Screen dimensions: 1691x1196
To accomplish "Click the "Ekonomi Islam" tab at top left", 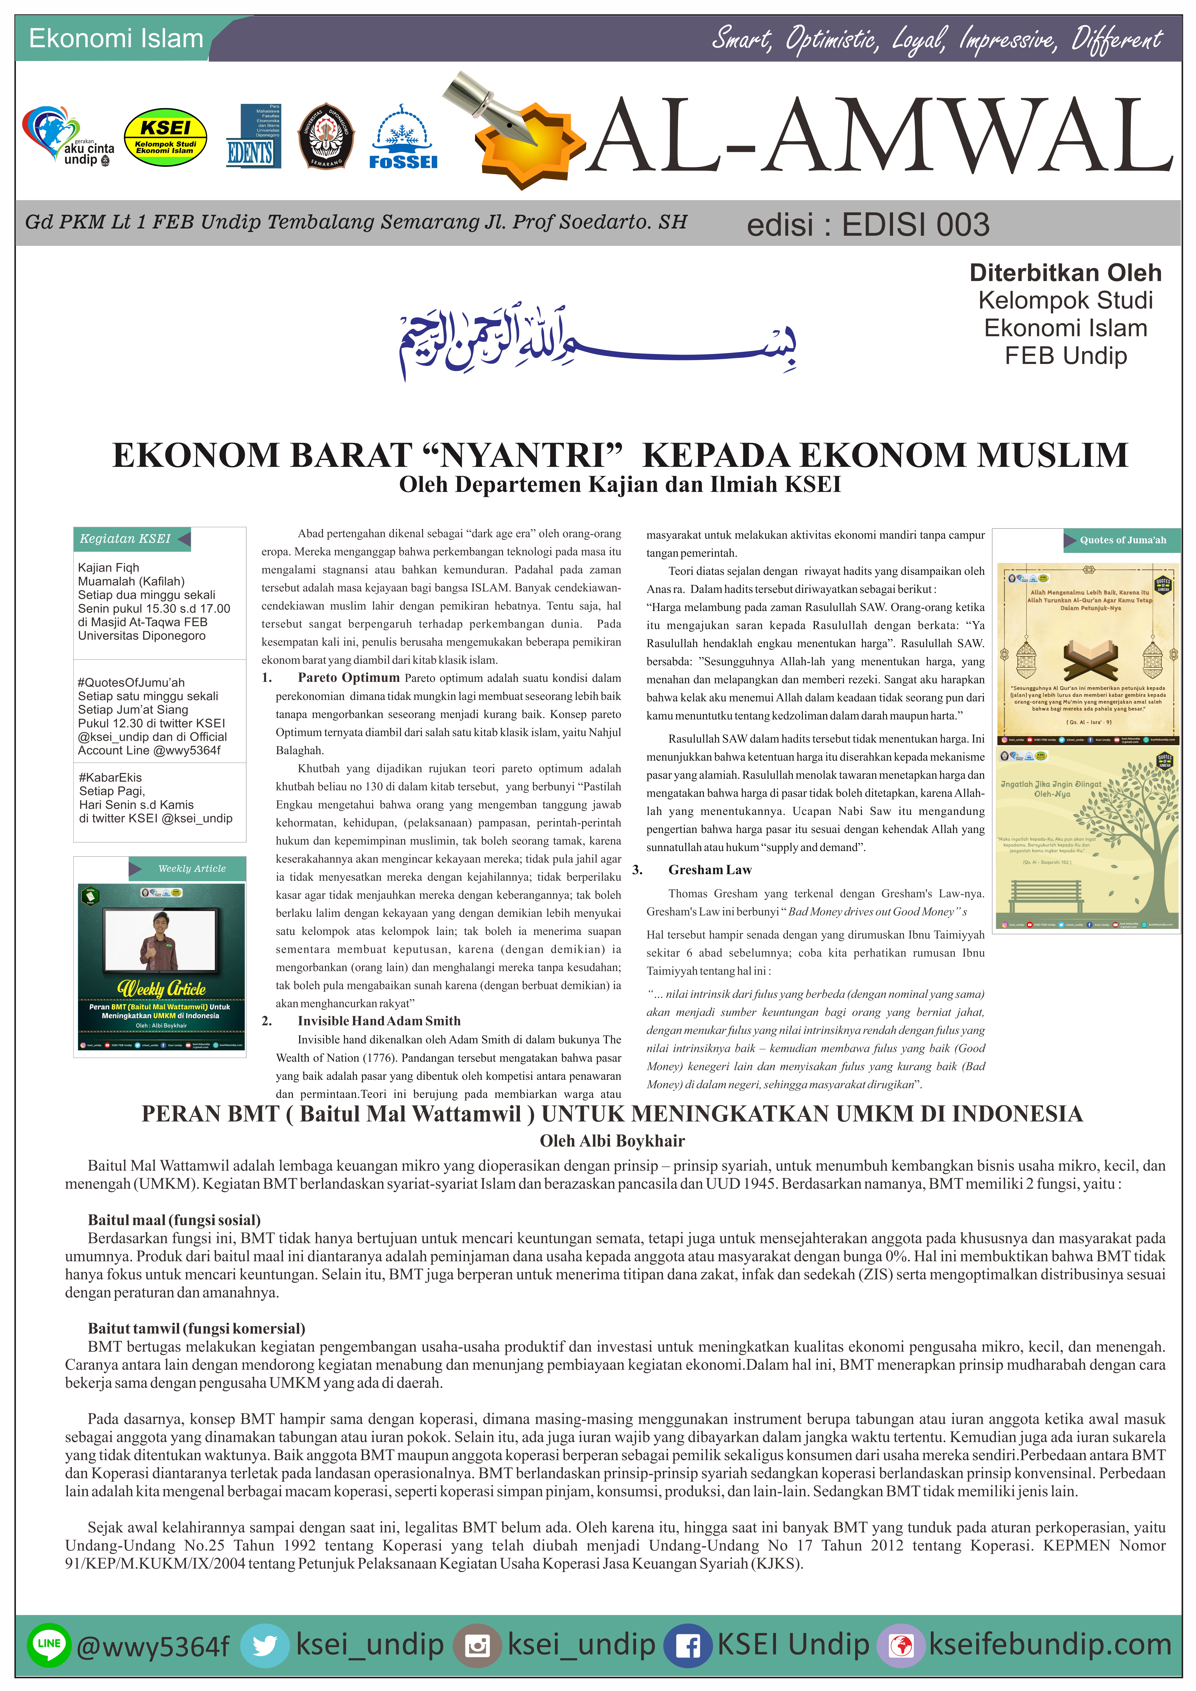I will pos(116,38).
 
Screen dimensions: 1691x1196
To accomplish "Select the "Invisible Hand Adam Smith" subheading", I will pos(378,1021).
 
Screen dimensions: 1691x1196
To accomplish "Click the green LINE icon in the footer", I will pos(49,1644).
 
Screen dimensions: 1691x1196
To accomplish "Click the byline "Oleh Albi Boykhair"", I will pos(612,1141).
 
